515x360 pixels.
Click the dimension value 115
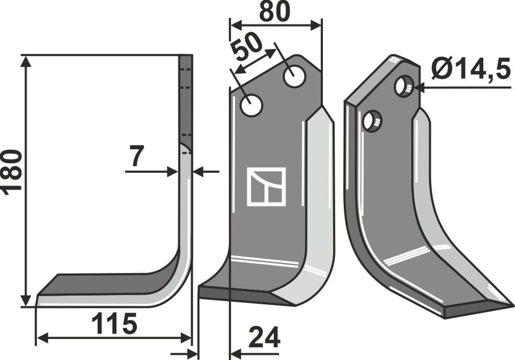click(114, 324)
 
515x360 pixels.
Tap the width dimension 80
click(274, 11)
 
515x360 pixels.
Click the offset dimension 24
click(264, 337)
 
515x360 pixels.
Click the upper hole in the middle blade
click(294, 77)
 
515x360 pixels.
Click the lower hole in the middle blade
click(251, 106)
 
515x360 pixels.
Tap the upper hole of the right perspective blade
click(404, 86)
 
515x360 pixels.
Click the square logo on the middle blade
click(266, 186)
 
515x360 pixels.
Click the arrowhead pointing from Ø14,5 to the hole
click(418, 87)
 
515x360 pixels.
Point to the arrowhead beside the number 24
click(236, 353)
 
